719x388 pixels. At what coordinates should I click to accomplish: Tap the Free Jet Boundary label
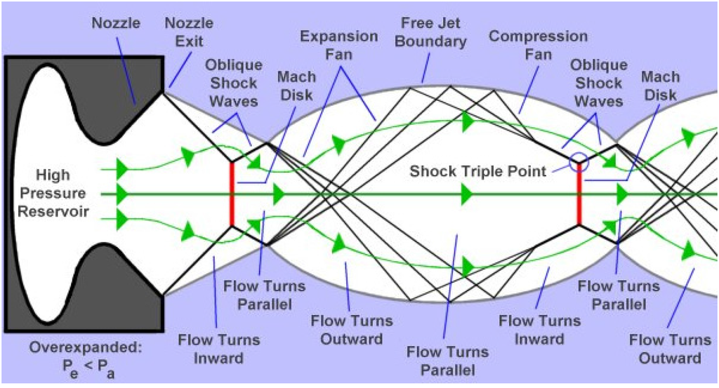pyautogui.click(x=430, y=32)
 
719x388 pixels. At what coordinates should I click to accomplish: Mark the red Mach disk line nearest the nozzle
pyautogui.click(x=232, y=194)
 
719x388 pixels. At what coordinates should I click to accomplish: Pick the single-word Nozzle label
pyautogui.click(x=116, y=23)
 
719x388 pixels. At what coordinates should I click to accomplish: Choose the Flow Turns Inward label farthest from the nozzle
pyautogui.click(x=540, y=329)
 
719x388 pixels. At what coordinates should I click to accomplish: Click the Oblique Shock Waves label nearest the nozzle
pyautogui.click(x=234, y=83)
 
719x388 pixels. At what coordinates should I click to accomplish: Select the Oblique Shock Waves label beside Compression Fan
pyautogui.click(x=599, y=83)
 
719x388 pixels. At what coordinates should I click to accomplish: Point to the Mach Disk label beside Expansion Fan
pyautogui.click(x=297, y=86)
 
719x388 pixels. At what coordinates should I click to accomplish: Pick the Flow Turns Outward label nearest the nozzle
pyautogui.click(x=348, y=330)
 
